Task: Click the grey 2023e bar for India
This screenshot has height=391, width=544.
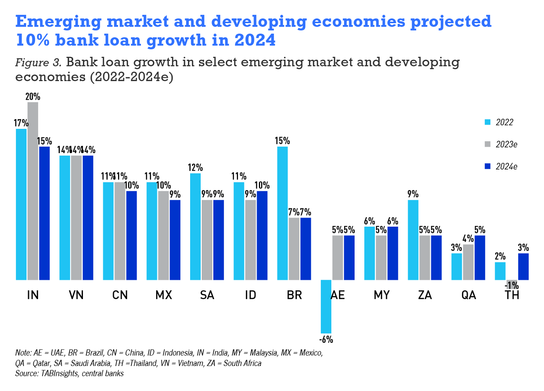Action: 33,190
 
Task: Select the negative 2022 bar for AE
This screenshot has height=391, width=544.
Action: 326,306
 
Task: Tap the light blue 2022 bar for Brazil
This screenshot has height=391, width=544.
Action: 282,213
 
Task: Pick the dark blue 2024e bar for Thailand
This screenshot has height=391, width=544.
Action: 523,266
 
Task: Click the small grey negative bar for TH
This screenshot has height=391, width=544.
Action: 511,282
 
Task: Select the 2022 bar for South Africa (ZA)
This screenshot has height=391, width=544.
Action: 413,240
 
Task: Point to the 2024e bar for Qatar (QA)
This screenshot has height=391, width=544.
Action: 480,257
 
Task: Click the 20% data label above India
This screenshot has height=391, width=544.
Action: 33,97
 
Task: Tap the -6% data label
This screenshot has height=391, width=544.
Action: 326,339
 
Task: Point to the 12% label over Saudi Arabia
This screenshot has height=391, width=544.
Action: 195,168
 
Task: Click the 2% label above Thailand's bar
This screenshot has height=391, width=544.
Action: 500,256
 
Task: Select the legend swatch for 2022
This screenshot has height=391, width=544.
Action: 488,122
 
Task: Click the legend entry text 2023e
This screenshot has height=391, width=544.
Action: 506,145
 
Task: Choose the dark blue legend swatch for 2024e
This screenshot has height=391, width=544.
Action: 488,167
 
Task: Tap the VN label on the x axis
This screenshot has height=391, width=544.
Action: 76,295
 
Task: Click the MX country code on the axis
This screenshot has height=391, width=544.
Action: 164,295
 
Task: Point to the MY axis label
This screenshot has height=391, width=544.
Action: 381,295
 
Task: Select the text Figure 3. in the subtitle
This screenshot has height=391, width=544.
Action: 38,62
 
